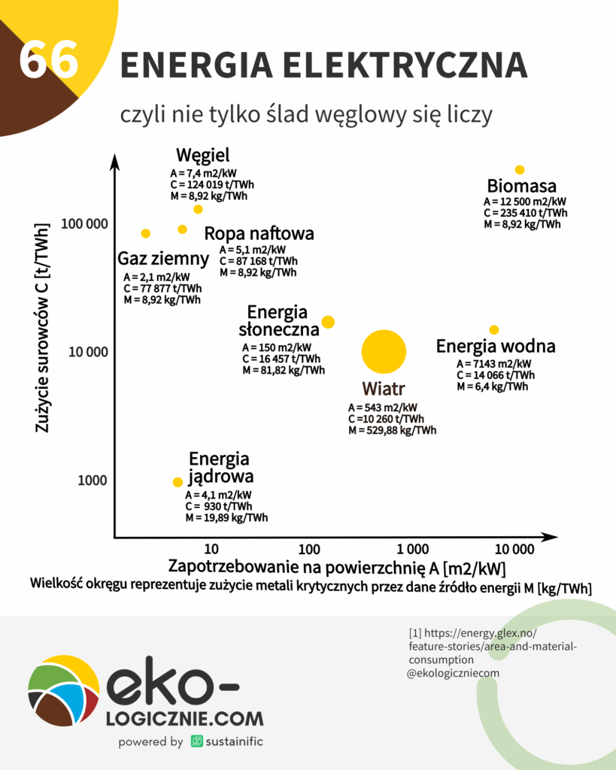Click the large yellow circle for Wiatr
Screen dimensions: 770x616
click(384, 351)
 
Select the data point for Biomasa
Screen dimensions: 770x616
click(519, 170)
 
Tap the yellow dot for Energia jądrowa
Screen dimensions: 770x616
click(178, 482)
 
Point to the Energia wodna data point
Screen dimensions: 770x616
click(494, 329)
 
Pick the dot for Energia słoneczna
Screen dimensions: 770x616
click(328, 322)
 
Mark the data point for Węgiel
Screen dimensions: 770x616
click(199, 209)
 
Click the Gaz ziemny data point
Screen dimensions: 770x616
click(146, 233)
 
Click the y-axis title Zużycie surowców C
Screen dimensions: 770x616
click(43, 327)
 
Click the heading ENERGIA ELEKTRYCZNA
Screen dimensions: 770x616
click(323, 66)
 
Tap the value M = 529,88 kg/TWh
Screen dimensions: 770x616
click(392, 430)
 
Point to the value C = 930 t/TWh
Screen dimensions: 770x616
click(218, 506)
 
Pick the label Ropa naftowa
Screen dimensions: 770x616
click(259, 233)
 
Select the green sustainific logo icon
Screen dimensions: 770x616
click(197, 741)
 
